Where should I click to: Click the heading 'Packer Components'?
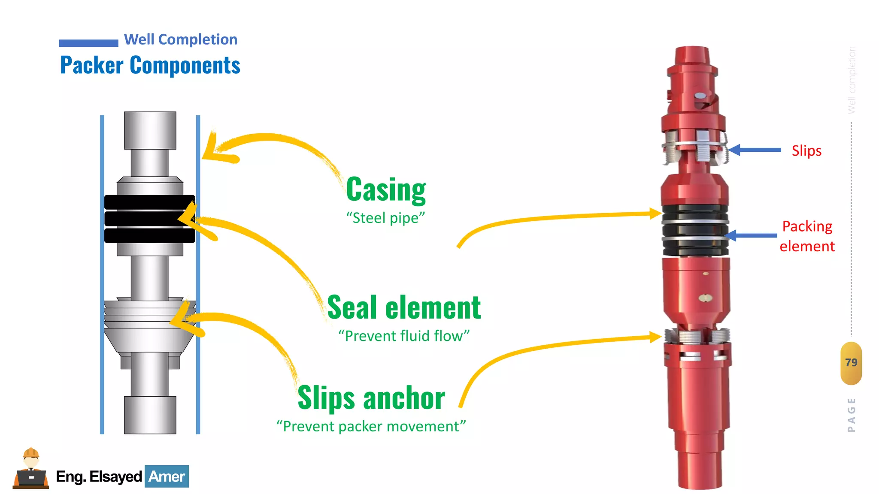pos(150,65)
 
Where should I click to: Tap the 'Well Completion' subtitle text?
pos(180,39)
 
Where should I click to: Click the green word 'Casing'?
pos(386,190)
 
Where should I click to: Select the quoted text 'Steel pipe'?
pos(385,218)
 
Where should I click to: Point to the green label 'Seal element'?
pos(404,307)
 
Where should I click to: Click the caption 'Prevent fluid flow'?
pos(404,336)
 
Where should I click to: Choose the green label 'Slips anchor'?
pos(371,398)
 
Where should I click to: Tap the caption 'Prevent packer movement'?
pos(371,426)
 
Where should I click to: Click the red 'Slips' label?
pos(806,151)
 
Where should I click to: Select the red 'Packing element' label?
pos(807,236)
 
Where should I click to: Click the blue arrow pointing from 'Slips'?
pos(755,150)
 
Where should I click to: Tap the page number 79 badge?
pos(851,363)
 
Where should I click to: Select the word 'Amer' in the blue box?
pos(167,476)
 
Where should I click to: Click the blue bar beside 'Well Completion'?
pos(88,43)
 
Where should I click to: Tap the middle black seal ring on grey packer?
pos(149,219)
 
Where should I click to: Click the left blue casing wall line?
pos(102,274)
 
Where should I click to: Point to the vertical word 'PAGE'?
pos(852,415)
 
